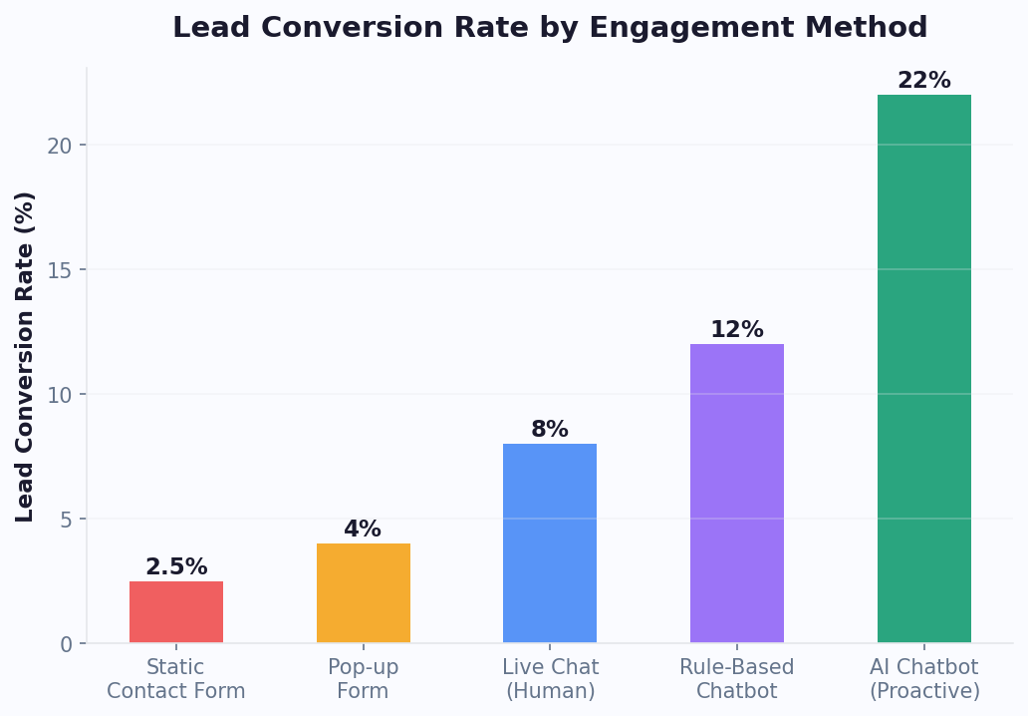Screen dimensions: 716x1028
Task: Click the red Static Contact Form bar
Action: pos(176,611)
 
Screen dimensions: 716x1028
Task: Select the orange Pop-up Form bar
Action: pos(363,592)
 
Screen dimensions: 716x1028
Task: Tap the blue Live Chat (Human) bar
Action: pos(549,542)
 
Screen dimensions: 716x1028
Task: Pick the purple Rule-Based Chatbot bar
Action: pos(736,493)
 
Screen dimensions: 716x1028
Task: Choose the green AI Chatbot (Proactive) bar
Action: pos(923,368)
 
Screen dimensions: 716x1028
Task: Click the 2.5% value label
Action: pos(176,567)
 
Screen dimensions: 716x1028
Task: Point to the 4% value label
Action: pos(363,530)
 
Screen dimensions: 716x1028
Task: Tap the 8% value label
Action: pos(549,430)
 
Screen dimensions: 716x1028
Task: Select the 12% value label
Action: pos(736,330)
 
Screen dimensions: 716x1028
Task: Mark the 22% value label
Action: pos(923,81)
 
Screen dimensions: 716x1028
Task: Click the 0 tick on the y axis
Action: pos(67,644)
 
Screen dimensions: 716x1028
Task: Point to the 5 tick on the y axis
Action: pos(67,520)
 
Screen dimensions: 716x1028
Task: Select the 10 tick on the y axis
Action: pos(60,395)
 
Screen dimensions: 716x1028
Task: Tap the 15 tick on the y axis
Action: pos(60,270)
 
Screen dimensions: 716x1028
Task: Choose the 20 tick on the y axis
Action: pos(60,146)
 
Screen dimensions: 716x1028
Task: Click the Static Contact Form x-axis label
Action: pos(176,679)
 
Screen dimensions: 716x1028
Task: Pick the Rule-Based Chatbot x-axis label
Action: pos(736,679)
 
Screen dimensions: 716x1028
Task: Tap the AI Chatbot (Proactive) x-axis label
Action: pos(923,679)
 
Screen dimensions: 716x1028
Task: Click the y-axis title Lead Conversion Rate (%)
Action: pos(26,356)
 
